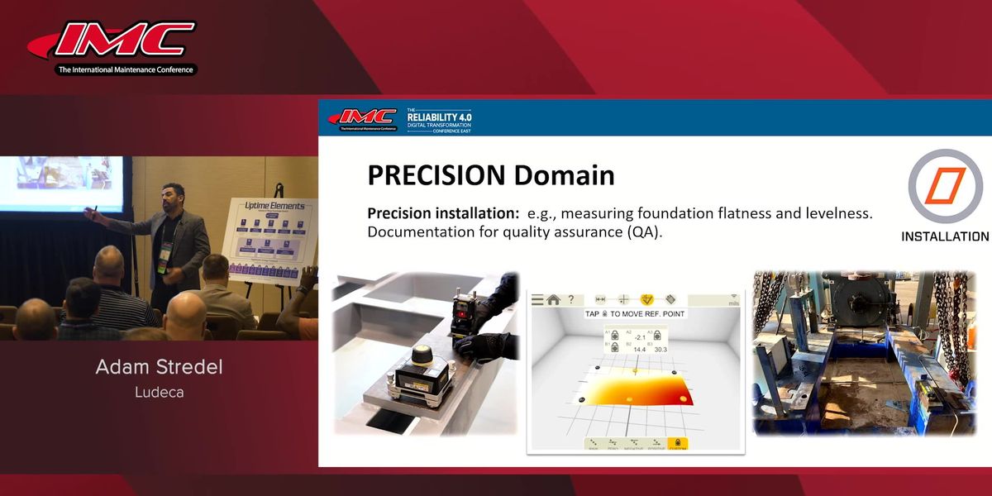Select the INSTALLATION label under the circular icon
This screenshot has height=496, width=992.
tap(944, 236)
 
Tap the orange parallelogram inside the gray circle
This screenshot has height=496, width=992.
tap(946, 187)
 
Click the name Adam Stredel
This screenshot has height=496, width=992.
tap(159, 367)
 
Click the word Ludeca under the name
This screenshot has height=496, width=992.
tap(159, 392)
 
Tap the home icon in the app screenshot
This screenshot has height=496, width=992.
tap(553, 300)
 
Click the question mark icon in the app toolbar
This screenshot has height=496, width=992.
tap(570, 300)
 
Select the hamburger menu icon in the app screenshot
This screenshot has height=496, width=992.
tap(537, 300)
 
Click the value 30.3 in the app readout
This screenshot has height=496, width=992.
tap(660, 350)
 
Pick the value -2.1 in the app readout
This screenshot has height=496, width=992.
tap(640, 336)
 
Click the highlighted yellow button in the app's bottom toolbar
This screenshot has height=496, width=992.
tap(677, 444)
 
